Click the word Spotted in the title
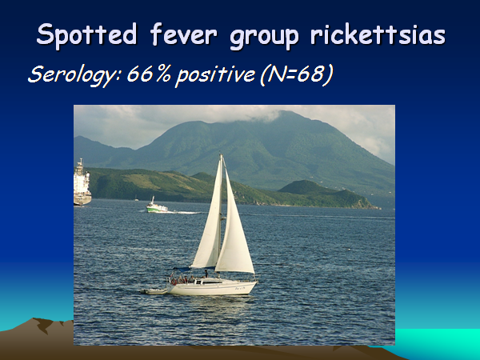click(x=86, y=34)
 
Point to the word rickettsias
click(x=378, y=34)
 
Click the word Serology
click(x=75, y=75)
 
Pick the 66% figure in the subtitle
click(x=149, y=74)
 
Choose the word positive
click(x=215, y=76)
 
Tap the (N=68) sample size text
click(x=296, y=74)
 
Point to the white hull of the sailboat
click(x=212, y=288)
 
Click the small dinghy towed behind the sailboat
click(x=154, y=291)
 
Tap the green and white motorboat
click(x=157, y=206)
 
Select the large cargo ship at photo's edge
click(x=82, y=183)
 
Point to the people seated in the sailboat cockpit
click(x=182, y=279)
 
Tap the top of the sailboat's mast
click(x=221, y=155)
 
